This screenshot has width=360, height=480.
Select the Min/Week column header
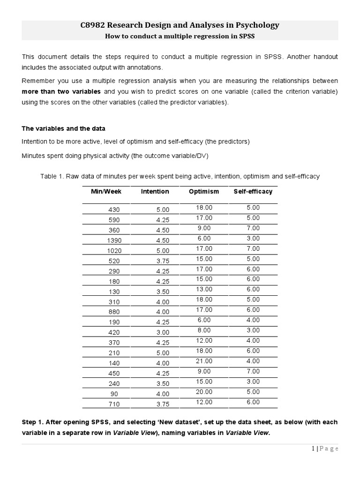coord(106,191)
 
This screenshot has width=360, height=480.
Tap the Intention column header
coord(155,191)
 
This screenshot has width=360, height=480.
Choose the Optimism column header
coord(204,191)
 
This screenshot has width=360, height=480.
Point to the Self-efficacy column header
coord(253,191)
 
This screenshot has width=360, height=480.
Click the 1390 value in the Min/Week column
coord(114,240)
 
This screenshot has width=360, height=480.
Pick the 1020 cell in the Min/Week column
coord(114,251)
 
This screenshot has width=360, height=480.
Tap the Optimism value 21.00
coord(204,361)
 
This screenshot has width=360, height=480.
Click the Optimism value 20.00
coord(204,391)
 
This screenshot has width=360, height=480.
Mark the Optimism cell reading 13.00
coord(204,289)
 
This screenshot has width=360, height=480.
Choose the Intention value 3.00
coord(163,332)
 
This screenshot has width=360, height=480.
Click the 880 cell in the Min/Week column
coord(114,312)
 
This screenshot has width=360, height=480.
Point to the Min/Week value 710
coord(114,404)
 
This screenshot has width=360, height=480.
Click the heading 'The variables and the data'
coord(64,128)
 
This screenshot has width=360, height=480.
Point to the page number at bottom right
coord(325,449)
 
